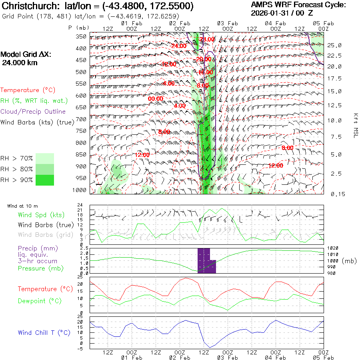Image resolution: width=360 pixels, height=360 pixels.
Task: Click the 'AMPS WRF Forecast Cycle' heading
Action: (298, 5)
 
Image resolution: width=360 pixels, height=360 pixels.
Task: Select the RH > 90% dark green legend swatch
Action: (45, 180)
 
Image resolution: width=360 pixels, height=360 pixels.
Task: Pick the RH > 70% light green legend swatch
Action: (45, 158)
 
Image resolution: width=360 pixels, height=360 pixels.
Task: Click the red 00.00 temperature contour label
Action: (156, 99)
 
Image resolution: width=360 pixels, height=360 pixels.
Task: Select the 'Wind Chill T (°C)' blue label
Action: (44, 333)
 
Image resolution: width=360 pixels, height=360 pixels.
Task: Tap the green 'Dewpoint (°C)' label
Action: (37, 301)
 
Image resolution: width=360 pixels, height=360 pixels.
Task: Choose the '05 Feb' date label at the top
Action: (323, 23)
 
